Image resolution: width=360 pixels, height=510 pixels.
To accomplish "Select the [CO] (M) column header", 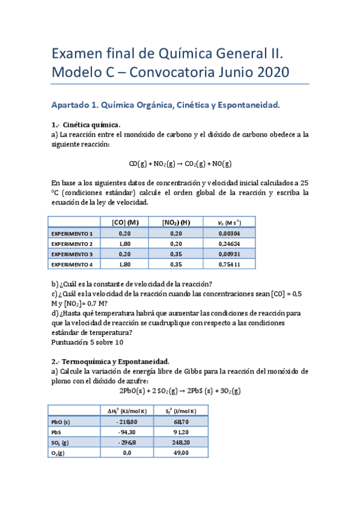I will click(125, 222).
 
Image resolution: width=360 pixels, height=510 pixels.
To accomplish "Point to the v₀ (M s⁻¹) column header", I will click(229, 222).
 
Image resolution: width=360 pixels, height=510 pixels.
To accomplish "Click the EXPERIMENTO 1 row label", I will click(72, 233).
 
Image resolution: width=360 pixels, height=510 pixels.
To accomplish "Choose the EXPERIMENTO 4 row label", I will click(72, 264).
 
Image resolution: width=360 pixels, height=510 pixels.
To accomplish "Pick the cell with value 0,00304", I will click(230, 233).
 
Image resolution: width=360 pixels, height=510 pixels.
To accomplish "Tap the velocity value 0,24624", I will click(230, 244).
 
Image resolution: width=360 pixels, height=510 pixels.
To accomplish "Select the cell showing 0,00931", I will click(230, 254).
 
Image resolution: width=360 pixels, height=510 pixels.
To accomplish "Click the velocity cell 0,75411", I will click(230, 264).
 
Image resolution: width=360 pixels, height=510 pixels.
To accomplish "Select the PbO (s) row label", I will click(61, 422).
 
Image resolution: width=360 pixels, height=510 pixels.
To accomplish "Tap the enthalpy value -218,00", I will click(124, 422).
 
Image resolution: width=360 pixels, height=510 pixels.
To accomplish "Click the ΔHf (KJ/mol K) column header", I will click(124, 411).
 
